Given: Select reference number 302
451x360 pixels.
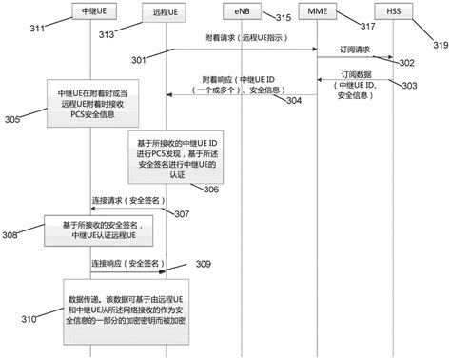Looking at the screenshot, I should pyautogui.click(x=407, y=63).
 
